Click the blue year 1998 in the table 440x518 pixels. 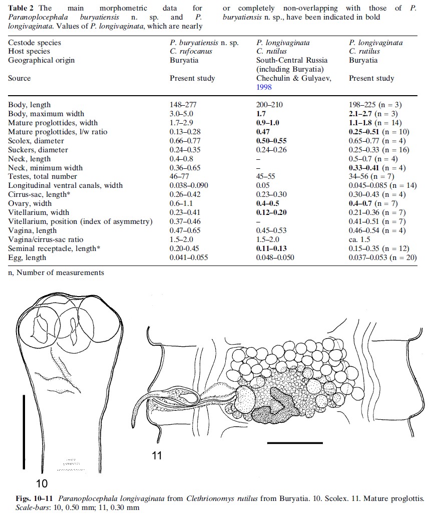pyautogui.click(x=264, y=87)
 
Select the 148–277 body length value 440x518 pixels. pyautogui.click(x=184, y=105)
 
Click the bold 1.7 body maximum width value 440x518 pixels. pyautogui.click(x=261, y=114)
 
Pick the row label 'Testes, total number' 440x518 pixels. pyautogui.click(x=43, y=177)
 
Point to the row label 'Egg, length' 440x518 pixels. pyautogui.click(x=27, y=258)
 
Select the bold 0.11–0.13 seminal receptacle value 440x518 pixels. pyautogui.click(x=271, y=249)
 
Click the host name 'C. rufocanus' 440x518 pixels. pyautogui.click(x=191, y=51)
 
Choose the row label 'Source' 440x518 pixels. pyautogui.click(x=19, y=78)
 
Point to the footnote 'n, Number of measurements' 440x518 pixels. pyautogui.click(x=56, y=273)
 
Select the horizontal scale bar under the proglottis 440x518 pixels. pyautogui.click(x=295, y=443)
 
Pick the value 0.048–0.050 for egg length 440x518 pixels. pyautogui.click(x=275, y=258)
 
